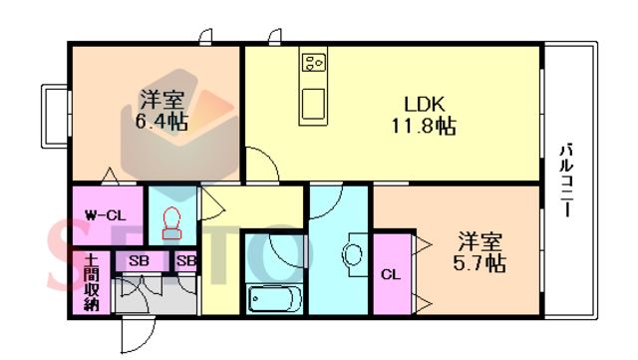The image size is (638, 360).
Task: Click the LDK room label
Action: (x=425, y=105)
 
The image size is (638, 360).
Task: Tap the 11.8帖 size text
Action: (x=424, y=126)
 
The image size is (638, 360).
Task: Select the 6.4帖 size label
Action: (x=161, y=121)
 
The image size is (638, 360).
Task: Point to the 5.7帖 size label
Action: (x=479, y=262)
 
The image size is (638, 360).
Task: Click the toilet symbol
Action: (x=171, y=223)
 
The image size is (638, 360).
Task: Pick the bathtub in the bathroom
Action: (x=274, y=298)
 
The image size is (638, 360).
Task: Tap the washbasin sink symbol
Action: (x=352, y=254)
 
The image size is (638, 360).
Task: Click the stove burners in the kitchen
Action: (x=313, y=63)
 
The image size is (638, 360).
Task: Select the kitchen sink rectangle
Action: (x=313, y=104)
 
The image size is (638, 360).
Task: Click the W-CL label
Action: (x=106, y=215)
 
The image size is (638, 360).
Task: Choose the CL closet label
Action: (x=391, y=274)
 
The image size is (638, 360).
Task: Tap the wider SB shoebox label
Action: (x=139, y=260)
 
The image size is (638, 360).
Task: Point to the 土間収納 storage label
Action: (x=92, y=282)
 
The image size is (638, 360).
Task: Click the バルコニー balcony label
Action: (x=566, y=180)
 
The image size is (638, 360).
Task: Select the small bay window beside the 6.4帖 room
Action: (x=56, y=116)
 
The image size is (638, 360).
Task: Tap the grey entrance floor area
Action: (x=155, y=295)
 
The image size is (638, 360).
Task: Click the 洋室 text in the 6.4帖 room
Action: (x=162, y=100)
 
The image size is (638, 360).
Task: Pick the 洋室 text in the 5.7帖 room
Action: (x=480, y=241)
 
